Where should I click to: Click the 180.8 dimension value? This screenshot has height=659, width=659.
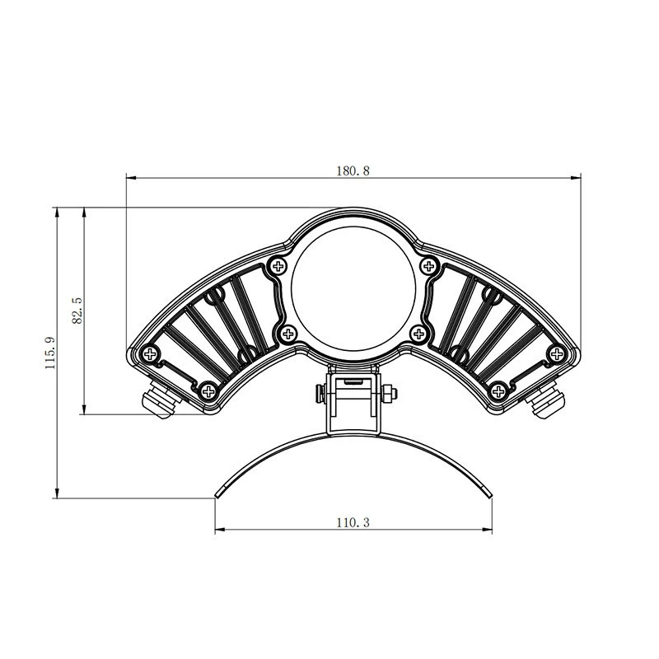[x=353, y=171]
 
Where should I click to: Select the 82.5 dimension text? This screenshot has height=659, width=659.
[x=77, y=311]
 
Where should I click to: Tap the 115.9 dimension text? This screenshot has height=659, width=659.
[x=50, y=353]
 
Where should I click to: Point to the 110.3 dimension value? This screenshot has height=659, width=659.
[x=353, y=522]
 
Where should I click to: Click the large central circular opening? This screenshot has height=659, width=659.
[x=353, y=289]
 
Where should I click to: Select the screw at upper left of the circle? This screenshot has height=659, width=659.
[x=278, y=266]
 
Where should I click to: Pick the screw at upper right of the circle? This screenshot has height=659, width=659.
[x=428, y=266]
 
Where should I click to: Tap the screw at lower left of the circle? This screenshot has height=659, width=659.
[x=288, y=334]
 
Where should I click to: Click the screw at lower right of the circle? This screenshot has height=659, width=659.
[x=418, y=334]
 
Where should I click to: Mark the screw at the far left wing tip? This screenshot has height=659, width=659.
[x=150, y=354]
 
